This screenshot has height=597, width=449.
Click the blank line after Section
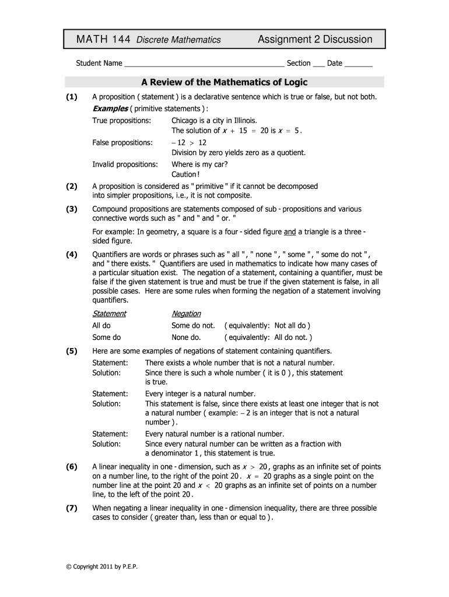pyautogui.click(x=318, y=64)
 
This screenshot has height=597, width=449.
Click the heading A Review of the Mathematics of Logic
pyautogui.click(x=224, y=82)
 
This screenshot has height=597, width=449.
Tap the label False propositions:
pyautogui.click(x=122, y=142)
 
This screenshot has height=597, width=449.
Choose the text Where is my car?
pyautogui.click(x=199, y=164)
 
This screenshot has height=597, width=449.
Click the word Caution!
pyautogui.click(x=185, y=175)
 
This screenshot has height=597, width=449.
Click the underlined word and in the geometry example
pyautogui.click(x=290, y=231)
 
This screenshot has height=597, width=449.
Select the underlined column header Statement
pyautogui.click(x=109, y=314)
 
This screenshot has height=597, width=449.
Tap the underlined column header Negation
pyautogui.click(x=186, y=314)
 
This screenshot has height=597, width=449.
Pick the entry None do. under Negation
pyautogui.click(x=186, y=337)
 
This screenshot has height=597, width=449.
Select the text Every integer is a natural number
pyautogui.click(x=200, y=394)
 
